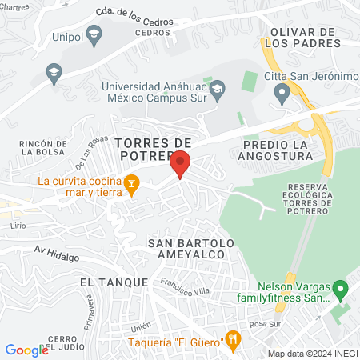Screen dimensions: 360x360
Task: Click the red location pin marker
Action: pos(180,163)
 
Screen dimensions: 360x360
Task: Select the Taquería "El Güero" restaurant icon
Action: pos(233,339)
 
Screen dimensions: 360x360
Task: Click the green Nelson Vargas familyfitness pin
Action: pos(340,287)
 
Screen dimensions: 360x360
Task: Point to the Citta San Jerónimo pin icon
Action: pos(281,94)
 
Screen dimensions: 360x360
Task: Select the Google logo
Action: pos(26,350)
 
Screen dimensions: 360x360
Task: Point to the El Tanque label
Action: pos(114,282)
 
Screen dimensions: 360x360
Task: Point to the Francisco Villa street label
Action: pos(185,286)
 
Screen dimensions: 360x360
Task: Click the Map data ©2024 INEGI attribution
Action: pos(311,353)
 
